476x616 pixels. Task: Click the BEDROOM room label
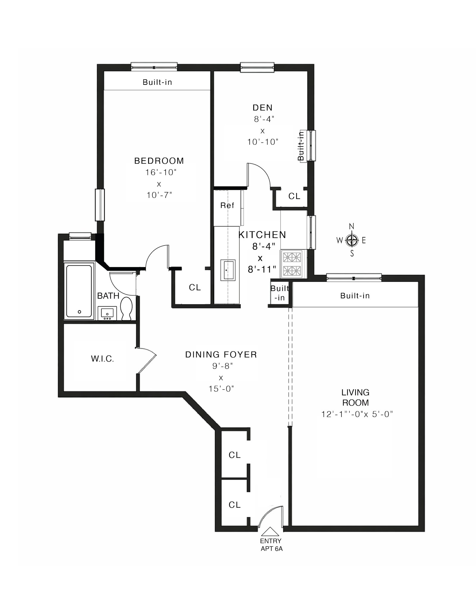point(159,161)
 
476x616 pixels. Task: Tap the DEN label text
point(262,107)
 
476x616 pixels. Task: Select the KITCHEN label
point(262,235)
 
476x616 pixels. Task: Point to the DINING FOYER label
point(221,355)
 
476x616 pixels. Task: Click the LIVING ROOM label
point(356,397)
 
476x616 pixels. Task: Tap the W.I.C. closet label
point(102,359)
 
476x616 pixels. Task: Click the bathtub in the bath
point(79,291)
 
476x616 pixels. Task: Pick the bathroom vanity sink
point(107,313)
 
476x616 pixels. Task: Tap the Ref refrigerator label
point(227,205)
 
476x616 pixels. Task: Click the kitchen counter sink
point(228,270)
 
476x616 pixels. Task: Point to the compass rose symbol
point(352,240)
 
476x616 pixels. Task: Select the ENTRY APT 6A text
point(271,545)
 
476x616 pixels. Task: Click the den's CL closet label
point(294,196)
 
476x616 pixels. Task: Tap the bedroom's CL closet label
point(195,287)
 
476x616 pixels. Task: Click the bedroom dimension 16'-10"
point(161,173)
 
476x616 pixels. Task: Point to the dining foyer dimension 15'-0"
point(221,389)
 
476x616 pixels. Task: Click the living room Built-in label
point(355,296)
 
